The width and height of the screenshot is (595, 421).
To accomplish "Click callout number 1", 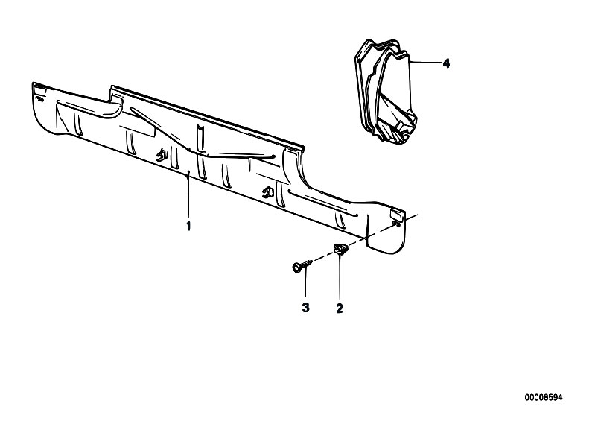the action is (x=188, y=226).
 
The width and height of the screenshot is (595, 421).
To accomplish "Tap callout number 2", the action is (x=340, y=308).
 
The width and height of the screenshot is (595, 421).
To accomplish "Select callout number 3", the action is (x=305, y=308).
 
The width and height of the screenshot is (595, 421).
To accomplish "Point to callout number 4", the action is (x=446, y=63).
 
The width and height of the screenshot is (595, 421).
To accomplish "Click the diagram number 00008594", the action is (x=544, y=397).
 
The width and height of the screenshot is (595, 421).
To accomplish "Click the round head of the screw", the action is (x=296, y=267).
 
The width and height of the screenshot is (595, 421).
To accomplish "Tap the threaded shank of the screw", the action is (x=307, y=263).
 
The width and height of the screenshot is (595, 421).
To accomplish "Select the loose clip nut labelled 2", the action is (x=340, y=250).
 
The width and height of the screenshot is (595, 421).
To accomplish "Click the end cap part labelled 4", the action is (x=386, y=92).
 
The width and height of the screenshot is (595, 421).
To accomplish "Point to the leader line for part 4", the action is (x=426, y=63).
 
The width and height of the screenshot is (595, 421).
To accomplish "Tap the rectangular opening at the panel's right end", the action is (x=397, y=215).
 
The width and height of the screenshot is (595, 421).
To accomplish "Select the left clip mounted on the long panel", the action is (x=162, y=154).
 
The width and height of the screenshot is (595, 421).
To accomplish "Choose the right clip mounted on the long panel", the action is (x=268, y=191).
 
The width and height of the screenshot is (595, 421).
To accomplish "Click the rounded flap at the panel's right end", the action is (x=386, y=232).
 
